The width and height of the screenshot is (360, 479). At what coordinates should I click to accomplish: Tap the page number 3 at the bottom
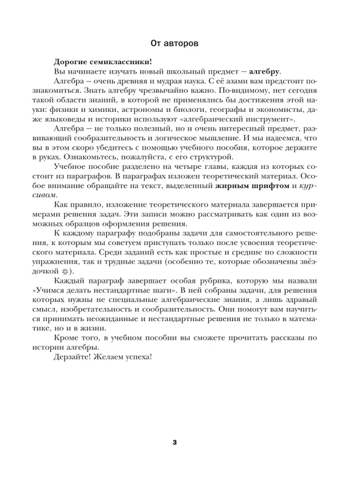click(175, 442)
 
